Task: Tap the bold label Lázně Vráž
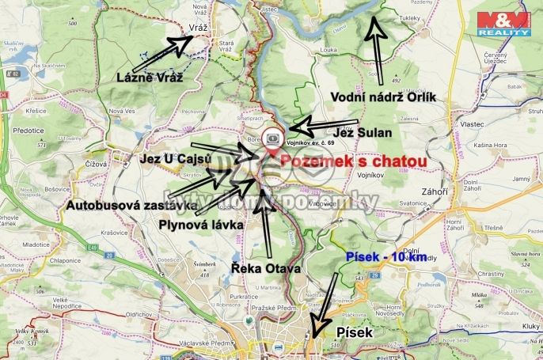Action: (150, 78)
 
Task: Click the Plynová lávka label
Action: (199, 225)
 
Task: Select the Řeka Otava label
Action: (265, 269)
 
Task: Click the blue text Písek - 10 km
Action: (385, 257)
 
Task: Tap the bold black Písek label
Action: (354, 333)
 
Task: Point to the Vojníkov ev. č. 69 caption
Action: (312, 142)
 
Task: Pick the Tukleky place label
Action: (409, 17)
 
